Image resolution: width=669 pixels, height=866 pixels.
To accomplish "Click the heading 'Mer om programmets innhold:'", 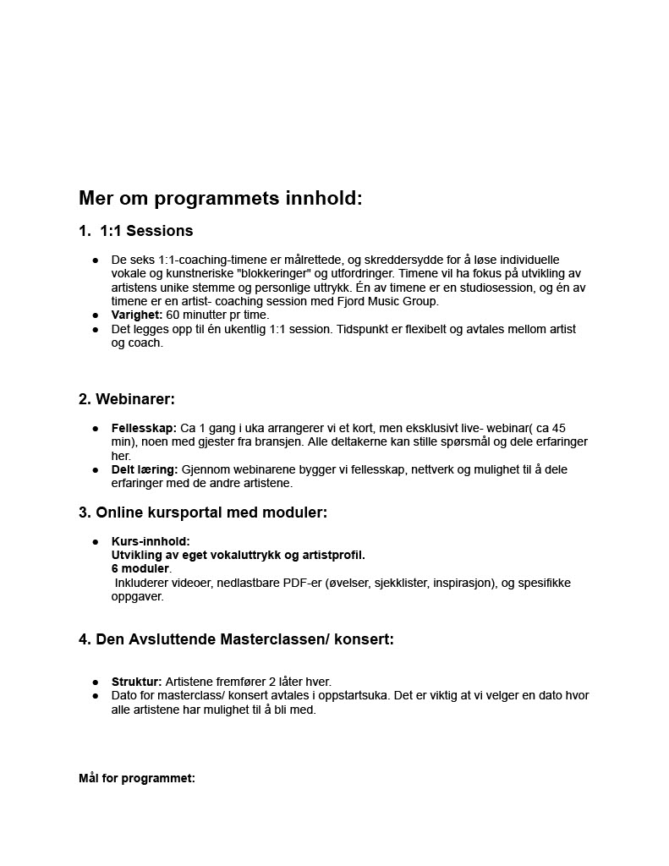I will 220,199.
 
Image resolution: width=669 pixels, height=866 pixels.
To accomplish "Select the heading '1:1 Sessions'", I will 146,231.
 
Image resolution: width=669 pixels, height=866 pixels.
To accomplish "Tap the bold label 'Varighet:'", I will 137,315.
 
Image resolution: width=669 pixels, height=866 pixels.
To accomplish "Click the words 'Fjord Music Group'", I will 387,301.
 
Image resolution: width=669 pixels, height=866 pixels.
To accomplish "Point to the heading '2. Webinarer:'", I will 127,399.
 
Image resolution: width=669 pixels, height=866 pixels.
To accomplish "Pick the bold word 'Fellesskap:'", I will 144,428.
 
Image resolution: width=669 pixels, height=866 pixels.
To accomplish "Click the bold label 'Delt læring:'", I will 145,469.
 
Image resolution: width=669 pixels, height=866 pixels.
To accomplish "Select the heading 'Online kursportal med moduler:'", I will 211,512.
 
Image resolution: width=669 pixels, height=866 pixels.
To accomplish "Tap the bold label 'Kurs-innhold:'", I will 151,541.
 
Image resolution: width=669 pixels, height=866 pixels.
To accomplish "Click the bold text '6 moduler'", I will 140,569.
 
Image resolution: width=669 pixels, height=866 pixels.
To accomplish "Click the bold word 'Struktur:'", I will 136,682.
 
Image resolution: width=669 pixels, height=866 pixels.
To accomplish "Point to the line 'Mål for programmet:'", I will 137,778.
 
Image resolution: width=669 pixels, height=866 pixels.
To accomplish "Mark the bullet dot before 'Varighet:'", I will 96,315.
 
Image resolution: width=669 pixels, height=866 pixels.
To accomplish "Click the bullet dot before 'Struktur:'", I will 96,682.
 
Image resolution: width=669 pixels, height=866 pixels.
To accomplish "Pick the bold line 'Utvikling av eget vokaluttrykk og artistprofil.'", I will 239,555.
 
